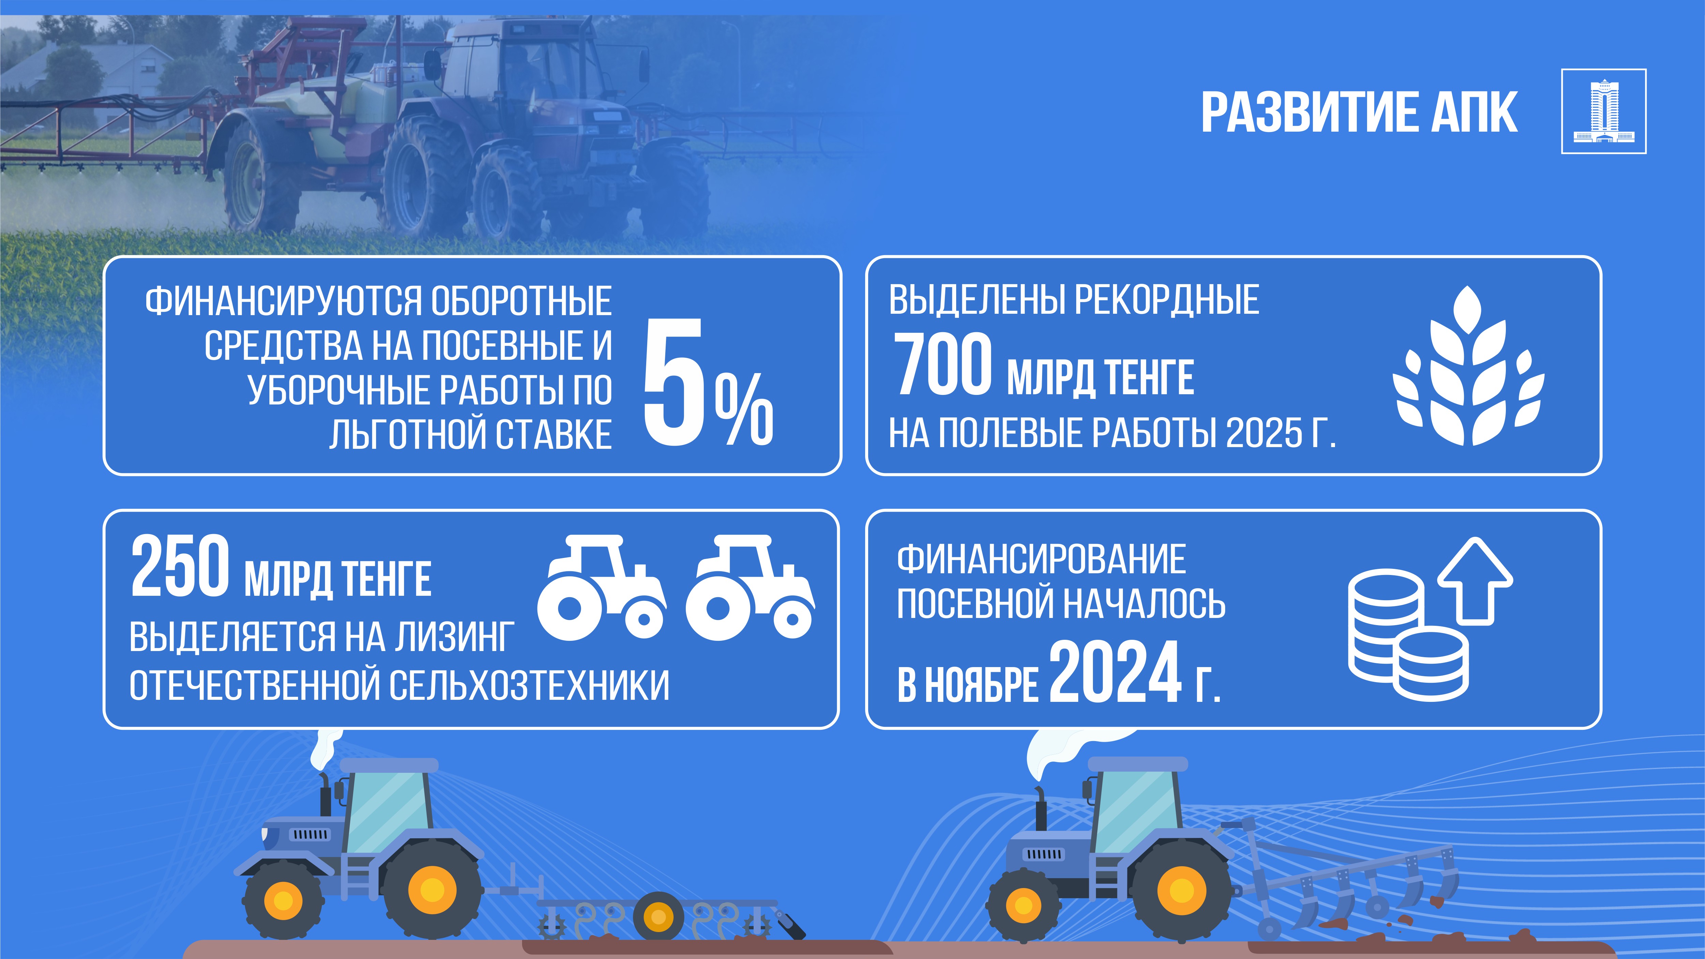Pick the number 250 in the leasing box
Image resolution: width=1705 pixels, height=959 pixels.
pos(180,566)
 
